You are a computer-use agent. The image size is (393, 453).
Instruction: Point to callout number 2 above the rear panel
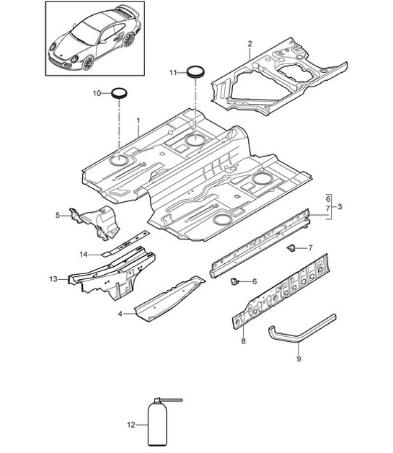click(250, 44)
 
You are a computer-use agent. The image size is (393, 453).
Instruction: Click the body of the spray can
click(158, 426)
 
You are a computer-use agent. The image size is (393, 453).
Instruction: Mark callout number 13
click(53, 278)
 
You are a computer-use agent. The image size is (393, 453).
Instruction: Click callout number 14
click(84, 253)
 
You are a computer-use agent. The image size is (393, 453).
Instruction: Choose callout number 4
click(121, 313)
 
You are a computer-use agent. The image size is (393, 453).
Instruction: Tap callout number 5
click(58, 214)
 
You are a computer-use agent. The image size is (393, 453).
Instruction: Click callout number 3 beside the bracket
click(339, 207)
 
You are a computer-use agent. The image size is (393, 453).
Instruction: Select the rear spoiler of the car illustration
click(128, 12)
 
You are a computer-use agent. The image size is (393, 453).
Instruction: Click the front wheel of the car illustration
click(88, 62)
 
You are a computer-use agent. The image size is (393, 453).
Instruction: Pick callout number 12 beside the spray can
click(131, 425)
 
